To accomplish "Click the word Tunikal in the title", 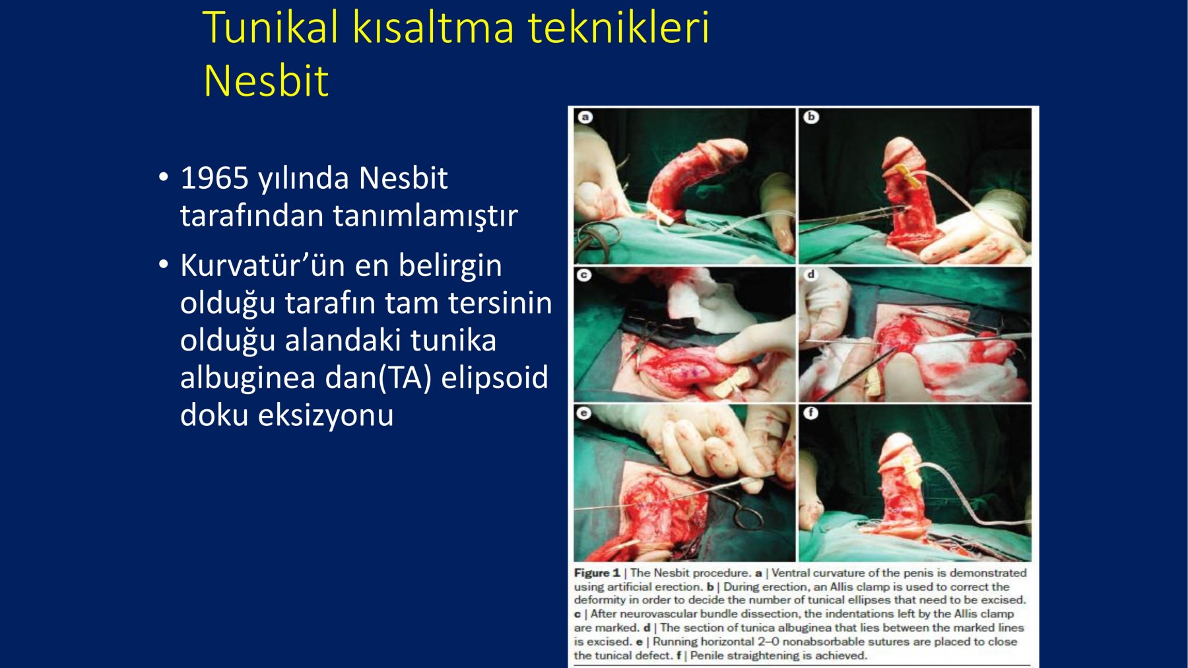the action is pyautogui.click(x=271, y=28).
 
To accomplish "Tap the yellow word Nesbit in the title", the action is pyautogui.click(x=266, y=81).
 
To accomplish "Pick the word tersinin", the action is pyautogui.click(x=500, y=303).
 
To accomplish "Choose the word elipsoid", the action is pyautogui.click(x=494, y=378).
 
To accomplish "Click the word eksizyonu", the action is pyautogui.click(x=325, y=416).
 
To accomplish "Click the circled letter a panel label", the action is pyautogui.click(x=585, y=117).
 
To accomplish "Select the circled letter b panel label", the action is pyautogui.click(x=810, y=117).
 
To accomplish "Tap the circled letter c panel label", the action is pyautogui.click(x=583, y=275).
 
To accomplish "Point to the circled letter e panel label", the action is pyautogui.click(x=583, y=413).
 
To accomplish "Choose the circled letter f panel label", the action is pyautogui.click(x=810, y=413).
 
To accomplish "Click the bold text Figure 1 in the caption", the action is pyautogui.click(x=597, y=573).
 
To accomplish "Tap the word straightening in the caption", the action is pyautogui.click(x=754, y=655).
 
